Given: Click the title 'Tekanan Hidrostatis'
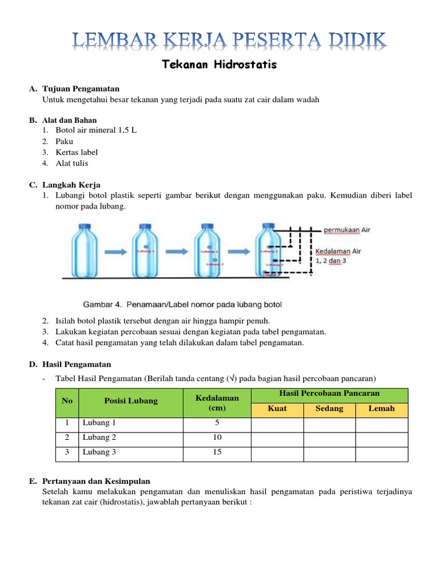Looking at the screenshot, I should [219, 65].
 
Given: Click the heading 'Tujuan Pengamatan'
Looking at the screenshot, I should [81, 89].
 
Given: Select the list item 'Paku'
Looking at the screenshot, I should [65, 141].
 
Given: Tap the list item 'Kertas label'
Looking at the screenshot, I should [77, 152].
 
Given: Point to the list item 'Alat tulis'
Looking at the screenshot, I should [72, 163].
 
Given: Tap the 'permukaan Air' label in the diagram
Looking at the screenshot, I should [348, 230].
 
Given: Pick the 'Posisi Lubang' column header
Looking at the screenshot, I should [131, 401].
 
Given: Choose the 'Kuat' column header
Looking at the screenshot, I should [277, 409].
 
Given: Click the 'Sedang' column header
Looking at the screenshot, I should [329, 409].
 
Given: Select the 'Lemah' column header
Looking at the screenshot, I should [382, 409].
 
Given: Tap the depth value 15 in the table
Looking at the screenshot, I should [217, 452].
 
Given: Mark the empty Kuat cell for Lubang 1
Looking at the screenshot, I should [277, 423].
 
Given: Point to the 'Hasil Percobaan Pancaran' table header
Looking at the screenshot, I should [329, 394].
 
